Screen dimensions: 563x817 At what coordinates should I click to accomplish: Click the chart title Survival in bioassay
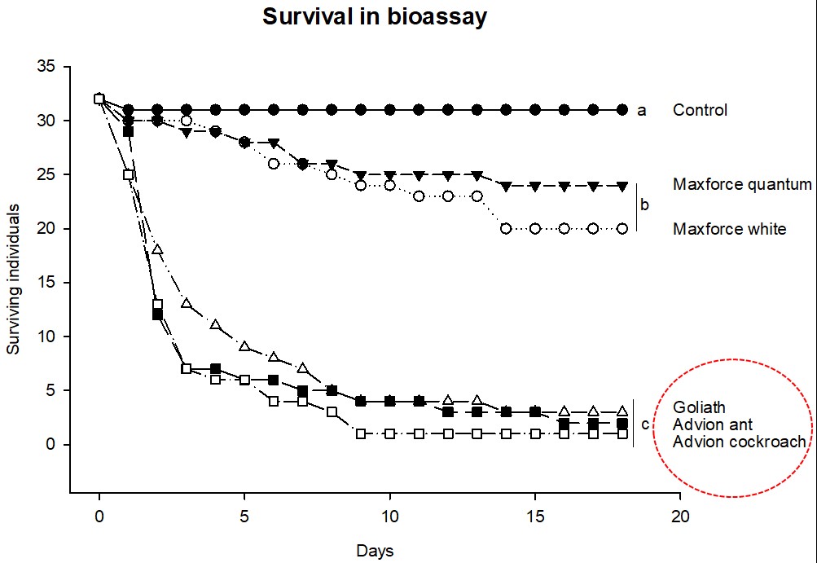375,17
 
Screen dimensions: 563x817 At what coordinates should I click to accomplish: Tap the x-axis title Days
375,551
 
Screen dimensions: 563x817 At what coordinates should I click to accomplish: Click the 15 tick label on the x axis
535,516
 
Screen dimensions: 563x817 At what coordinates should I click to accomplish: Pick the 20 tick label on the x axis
680,516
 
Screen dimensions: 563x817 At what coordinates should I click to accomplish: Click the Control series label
700,110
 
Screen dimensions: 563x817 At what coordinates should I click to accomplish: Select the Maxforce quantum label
742,185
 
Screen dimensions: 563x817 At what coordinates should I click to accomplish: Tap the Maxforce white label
730,229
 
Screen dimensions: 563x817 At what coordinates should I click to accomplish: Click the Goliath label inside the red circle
698,407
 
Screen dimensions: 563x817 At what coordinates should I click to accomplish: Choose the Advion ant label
712,424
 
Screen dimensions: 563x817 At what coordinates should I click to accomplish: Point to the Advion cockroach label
739,442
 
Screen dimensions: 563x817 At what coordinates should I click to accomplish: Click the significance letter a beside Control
642,110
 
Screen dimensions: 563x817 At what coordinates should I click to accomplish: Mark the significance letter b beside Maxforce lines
645,205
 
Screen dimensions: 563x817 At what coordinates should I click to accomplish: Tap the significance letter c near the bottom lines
645,424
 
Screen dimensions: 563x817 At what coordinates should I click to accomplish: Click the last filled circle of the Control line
622,110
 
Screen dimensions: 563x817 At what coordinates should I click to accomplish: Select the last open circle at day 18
622,229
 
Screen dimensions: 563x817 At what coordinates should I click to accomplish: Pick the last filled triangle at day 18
622,186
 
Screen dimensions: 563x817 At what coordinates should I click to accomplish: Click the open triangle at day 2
158,249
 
